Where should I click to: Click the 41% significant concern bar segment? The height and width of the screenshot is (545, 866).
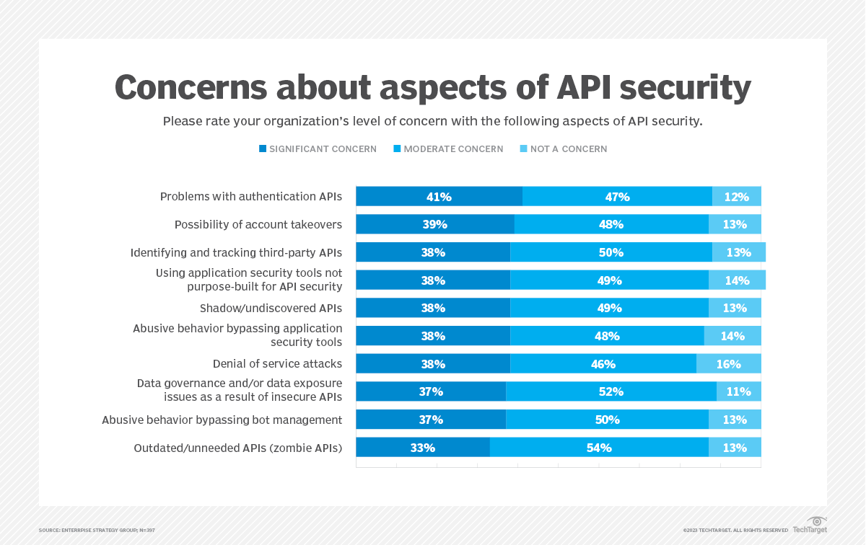tap(439, 197)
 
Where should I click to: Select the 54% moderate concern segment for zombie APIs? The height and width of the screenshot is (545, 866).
tap(599, 448)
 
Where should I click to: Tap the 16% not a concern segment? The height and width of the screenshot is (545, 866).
tap(728, 364)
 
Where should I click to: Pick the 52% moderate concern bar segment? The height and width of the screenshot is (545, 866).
tap(611, 391)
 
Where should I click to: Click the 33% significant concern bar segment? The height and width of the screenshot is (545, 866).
tap(423, 448)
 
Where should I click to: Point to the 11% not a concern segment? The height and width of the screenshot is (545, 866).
tap(738, 391)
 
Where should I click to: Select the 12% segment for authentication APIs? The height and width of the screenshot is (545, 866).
tap(736, 197)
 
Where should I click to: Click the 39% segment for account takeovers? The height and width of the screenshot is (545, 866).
tap(435, 224)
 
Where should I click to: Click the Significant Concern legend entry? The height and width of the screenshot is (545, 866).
tap(318, 149)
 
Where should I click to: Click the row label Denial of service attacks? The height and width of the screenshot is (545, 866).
tap(277, 364)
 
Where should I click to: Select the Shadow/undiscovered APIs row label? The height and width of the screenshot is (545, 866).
tap(271, 309)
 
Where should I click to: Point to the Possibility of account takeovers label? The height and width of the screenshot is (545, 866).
tap(258, 225)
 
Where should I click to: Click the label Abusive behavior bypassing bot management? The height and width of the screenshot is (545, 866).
tap(222, 420)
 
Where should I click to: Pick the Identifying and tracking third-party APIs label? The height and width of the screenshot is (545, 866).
tap(236, 252)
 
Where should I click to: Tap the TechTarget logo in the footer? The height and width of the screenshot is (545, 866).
tap(809, 526)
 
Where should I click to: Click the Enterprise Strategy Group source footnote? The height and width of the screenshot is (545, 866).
tap(97, 531)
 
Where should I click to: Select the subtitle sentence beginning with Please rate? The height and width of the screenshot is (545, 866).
tap(432, 121)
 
